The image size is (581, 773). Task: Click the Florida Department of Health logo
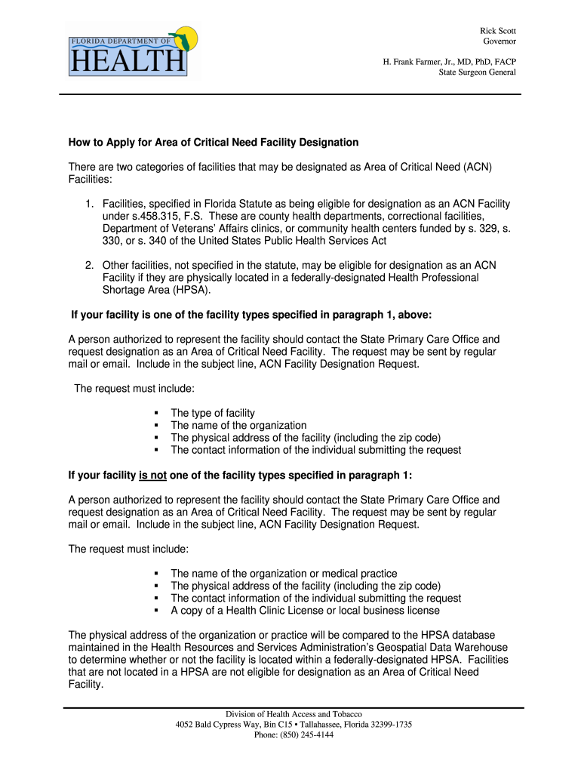(134, 51)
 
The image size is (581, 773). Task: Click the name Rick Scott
(498, 30)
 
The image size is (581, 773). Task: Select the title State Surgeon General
(478, 72)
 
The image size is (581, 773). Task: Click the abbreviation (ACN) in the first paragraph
(478, 167)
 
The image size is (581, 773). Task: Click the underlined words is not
(152, 475)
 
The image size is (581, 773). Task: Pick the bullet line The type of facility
(213, 413)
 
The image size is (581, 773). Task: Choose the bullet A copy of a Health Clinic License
(305, 610)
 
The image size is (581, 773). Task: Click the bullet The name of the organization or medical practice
(284, 574)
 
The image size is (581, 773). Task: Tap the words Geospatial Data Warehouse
(428, 647)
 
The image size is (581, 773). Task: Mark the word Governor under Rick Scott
(500, 42)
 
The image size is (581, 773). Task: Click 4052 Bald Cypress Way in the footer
(215, 724)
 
